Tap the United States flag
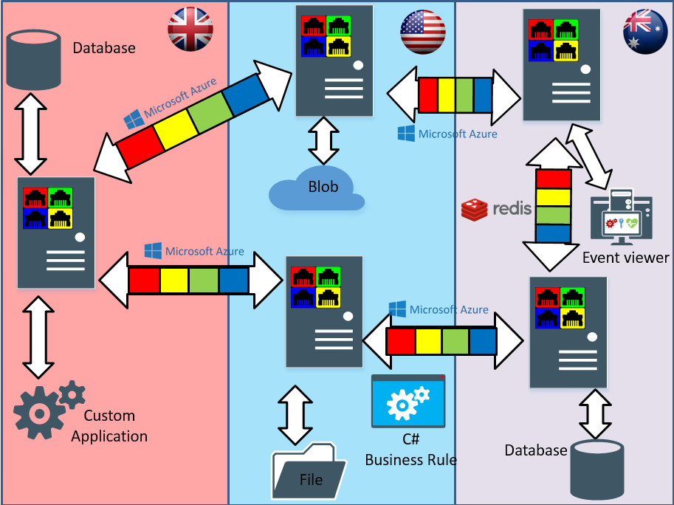(x=423, y=32)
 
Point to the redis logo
(x=496, y=209)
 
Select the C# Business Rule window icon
(x=408, y=401)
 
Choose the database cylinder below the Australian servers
(x=596, y=469)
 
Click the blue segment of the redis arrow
(x=553, y=233)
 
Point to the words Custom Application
(x=109, y=426)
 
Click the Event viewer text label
(x=625, y=258)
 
